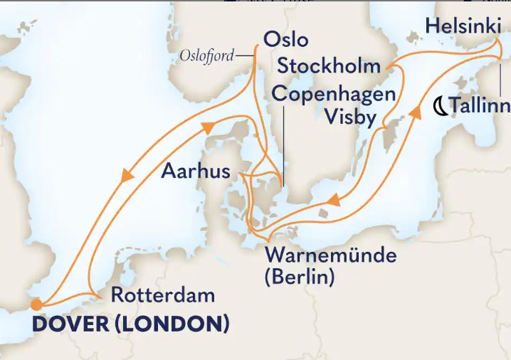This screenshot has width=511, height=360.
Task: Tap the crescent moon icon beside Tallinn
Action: coord(441,107)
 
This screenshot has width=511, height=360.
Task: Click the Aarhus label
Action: coord(196,171)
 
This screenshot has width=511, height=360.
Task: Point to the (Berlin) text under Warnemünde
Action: coord(299,277)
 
